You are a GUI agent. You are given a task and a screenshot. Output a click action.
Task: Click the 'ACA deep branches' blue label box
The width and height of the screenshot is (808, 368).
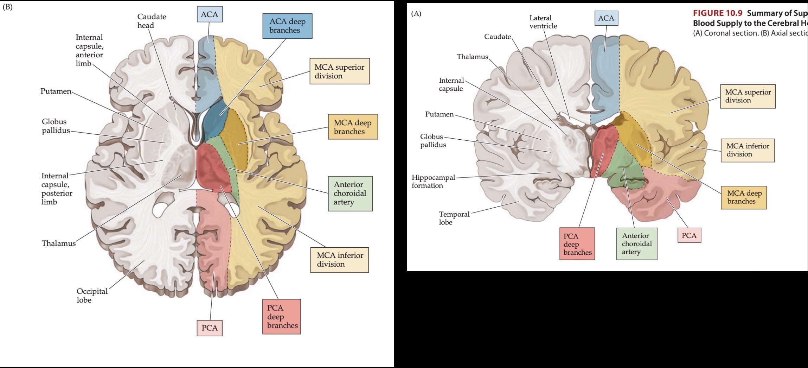(287, 26)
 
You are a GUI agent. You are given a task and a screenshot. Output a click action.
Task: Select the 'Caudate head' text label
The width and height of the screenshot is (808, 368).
(152, 21)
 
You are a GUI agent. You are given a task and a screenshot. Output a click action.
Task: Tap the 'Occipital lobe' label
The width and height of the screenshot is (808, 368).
(92, 296)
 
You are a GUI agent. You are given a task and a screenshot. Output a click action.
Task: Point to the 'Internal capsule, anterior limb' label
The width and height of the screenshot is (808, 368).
(89, 50)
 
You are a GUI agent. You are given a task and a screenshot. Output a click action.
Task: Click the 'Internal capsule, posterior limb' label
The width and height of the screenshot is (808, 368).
(57, 189)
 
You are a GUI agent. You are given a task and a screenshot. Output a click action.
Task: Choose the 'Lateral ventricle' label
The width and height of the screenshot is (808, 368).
(543, 22)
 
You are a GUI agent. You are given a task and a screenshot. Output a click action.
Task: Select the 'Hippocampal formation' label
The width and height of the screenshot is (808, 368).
(433, 182)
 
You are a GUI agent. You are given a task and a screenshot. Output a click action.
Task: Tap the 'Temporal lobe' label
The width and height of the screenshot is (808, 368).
(454, 218)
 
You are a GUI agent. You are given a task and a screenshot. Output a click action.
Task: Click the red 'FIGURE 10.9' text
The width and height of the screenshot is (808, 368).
(717, 13)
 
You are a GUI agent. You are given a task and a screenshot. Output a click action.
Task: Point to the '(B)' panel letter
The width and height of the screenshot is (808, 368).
(7, 7)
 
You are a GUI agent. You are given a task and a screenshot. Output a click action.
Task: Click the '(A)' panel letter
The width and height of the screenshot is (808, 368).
(416, 14)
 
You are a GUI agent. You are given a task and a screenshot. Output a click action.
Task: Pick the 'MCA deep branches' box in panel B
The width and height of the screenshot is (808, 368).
(353, 127)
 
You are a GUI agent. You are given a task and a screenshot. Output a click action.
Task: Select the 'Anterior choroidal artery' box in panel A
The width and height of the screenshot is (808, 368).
(636, 244)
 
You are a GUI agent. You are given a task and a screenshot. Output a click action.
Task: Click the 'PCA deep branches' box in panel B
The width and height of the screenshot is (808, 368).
(281, 317)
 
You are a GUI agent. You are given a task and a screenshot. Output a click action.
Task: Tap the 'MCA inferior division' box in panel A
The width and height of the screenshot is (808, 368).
(748, 150)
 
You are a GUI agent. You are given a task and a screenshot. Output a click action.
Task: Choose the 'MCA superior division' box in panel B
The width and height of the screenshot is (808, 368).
(339, 71)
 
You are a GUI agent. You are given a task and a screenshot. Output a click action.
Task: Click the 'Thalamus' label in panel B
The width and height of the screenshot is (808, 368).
(59, 243)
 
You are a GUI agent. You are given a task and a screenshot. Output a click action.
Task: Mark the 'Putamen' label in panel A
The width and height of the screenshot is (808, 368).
(439, 114)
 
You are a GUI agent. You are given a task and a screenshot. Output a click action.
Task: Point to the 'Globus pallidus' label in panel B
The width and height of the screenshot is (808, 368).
(56, 126)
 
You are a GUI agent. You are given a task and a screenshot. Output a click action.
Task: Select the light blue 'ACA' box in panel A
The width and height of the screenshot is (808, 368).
(606, 18)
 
